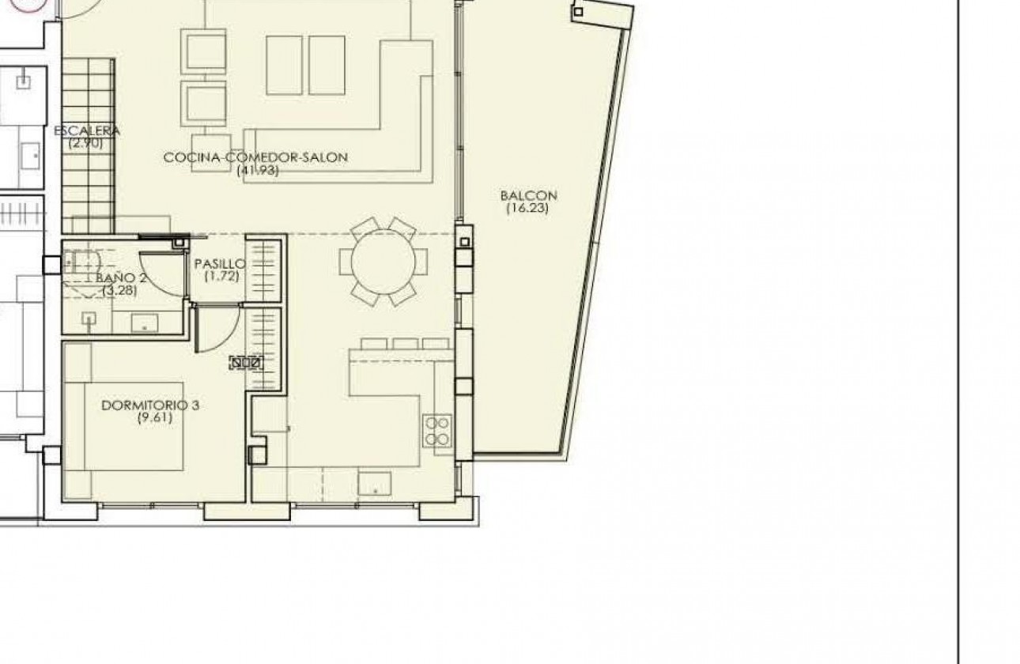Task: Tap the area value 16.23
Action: click(x=528, y=209)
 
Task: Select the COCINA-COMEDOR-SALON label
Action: click(x=255, y=157)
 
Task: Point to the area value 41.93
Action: click(x=258, y=169)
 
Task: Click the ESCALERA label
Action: click(x=86, y=130)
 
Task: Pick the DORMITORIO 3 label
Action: click(x=150, y=405)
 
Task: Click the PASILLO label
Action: click(x=220, y=264)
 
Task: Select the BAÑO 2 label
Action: click(x=120, y=277)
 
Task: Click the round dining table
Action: click(x=383, y=261)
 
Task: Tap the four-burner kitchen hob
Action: click(x=438, y=431)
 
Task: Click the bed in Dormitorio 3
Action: click(x=127, y=427)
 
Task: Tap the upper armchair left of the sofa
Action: click(x=204, y=51)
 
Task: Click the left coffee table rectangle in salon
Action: click(x=284, y=64)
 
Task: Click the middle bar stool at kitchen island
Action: click(x=406, y=344)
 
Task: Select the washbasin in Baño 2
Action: click(x=144, y=322)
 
